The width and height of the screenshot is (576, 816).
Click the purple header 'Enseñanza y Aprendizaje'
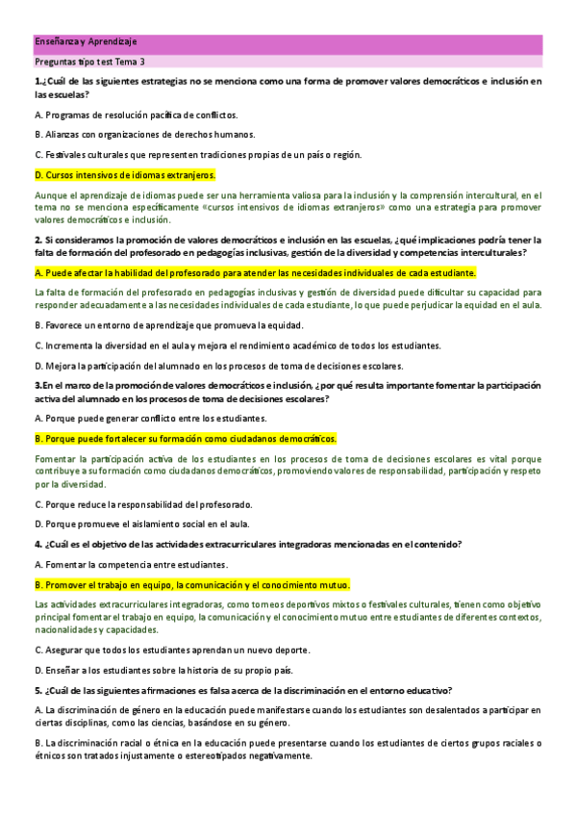click(x=86, y=42)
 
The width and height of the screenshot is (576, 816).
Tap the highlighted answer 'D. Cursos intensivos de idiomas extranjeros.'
click(x=125, y=175)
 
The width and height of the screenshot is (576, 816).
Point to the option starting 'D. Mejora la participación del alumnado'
click(x=218, y=365)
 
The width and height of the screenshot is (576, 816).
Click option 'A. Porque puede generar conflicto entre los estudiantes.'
click(x=150, y=419)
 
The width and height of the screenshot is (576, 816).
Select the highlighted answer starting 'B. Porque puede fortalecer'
click(x=185, y=438)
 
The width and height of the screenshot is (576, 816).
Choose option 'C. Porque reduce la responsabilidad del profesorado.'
click(x=143, y=504)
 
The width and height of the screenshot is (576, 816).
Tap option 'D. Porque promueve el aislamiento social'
click(x=141, y=524)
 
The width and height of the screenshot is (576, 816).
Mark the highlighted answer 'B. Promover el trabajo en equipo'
click(x=192, y=584)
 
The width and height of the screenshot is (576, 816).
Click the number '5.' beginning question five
click(x=38, y=690)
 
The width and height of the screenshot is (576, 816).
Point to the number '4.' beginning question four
click(x=38, y=544)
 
